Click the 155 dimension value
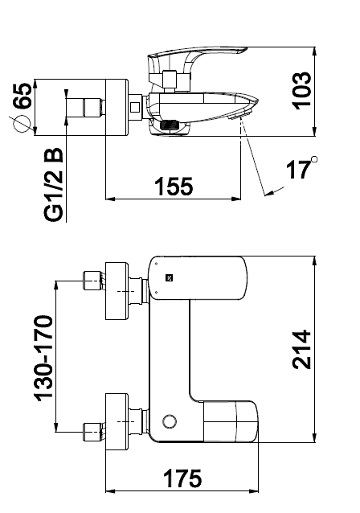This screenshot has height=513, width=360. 174,187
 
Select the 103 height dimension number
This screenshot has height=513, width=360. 301,91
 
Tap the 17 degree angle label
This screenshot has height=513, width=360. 298,170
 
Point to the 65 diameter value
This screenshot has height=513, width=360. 23,96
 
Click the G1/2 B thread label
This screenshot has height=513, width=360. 53,184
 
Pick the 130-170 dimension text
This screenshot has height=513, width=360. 43,358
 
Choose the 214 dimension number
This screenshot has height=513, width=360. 301,350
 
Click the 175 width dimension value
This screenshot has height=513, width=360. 182,478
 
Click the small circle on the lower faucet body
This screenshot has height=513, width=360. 170,421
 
